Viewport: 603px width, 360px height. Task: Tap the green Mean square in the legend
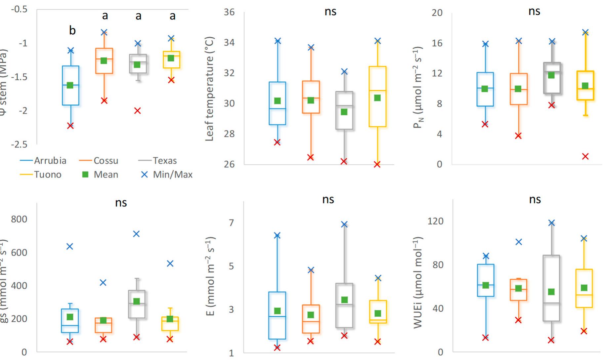click(x=85, y=175)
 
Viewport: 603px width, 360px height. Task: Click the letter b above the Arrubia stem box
click(x=72, y=31)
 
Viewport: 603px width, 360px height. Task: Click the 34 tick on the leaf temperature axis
click(x=229, y=42)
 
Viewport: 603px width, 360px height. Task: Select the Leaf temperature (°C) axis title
click(x=210, y=89)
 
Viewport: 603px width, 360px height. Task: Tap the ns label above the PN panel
click(x=534, y=11)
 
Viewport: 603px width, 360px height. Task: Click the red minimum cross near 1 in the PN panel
click(x=585, y=156)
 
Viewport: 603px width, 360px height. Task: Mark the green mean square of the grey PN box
click(x=551, y=75)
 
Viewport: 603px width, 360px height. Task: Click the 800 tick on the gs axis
click(x=19, y=219)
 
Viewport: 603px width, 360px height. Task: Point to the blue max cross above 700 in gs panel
click(x=136, y=234)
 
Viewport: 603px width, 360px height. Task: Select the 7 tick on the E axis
click(x=232, y=222)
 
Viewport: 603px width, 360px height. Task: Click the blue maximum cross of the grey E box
click(x=344, y=224)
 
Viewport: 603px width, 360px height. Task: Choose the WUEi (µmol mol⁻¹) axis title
click(x=418, y=283)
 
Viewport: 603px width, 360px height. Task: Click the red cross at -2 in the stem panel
click(x=138, y=111)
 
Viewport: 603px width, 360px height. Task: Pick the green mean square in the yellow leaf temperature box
click(x=377, y=98)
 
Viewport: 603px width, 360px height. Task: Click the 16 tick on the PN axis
click(x=437, y=43)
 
